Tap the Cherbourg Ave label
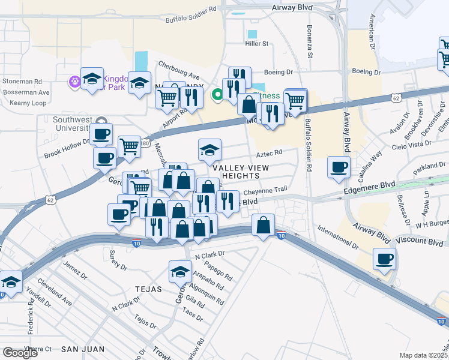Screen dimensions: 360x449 click(178, 69)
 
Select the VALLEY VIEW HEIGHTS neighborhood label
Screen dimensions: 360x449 click(241, 172)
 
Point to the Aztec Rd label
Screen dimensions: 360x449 click(270, 154)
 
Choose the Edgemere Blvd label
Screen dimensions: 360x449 click(367, 190)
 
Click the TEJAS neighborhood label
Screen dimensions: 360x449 click(149, 289)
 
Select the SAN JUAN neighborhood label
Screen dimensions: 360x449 click(83, 349)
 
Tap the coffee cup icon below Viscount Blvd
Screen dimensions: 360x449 click(384, 259)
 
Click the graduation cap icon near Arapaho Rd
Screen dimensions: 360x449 click(180, 271)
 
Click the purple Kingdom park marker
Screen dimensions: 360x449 click(75, 80)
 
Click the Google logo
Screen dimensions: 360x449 click(20, 353)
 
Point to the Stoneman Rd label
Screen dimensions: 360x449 click(22, 81)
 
